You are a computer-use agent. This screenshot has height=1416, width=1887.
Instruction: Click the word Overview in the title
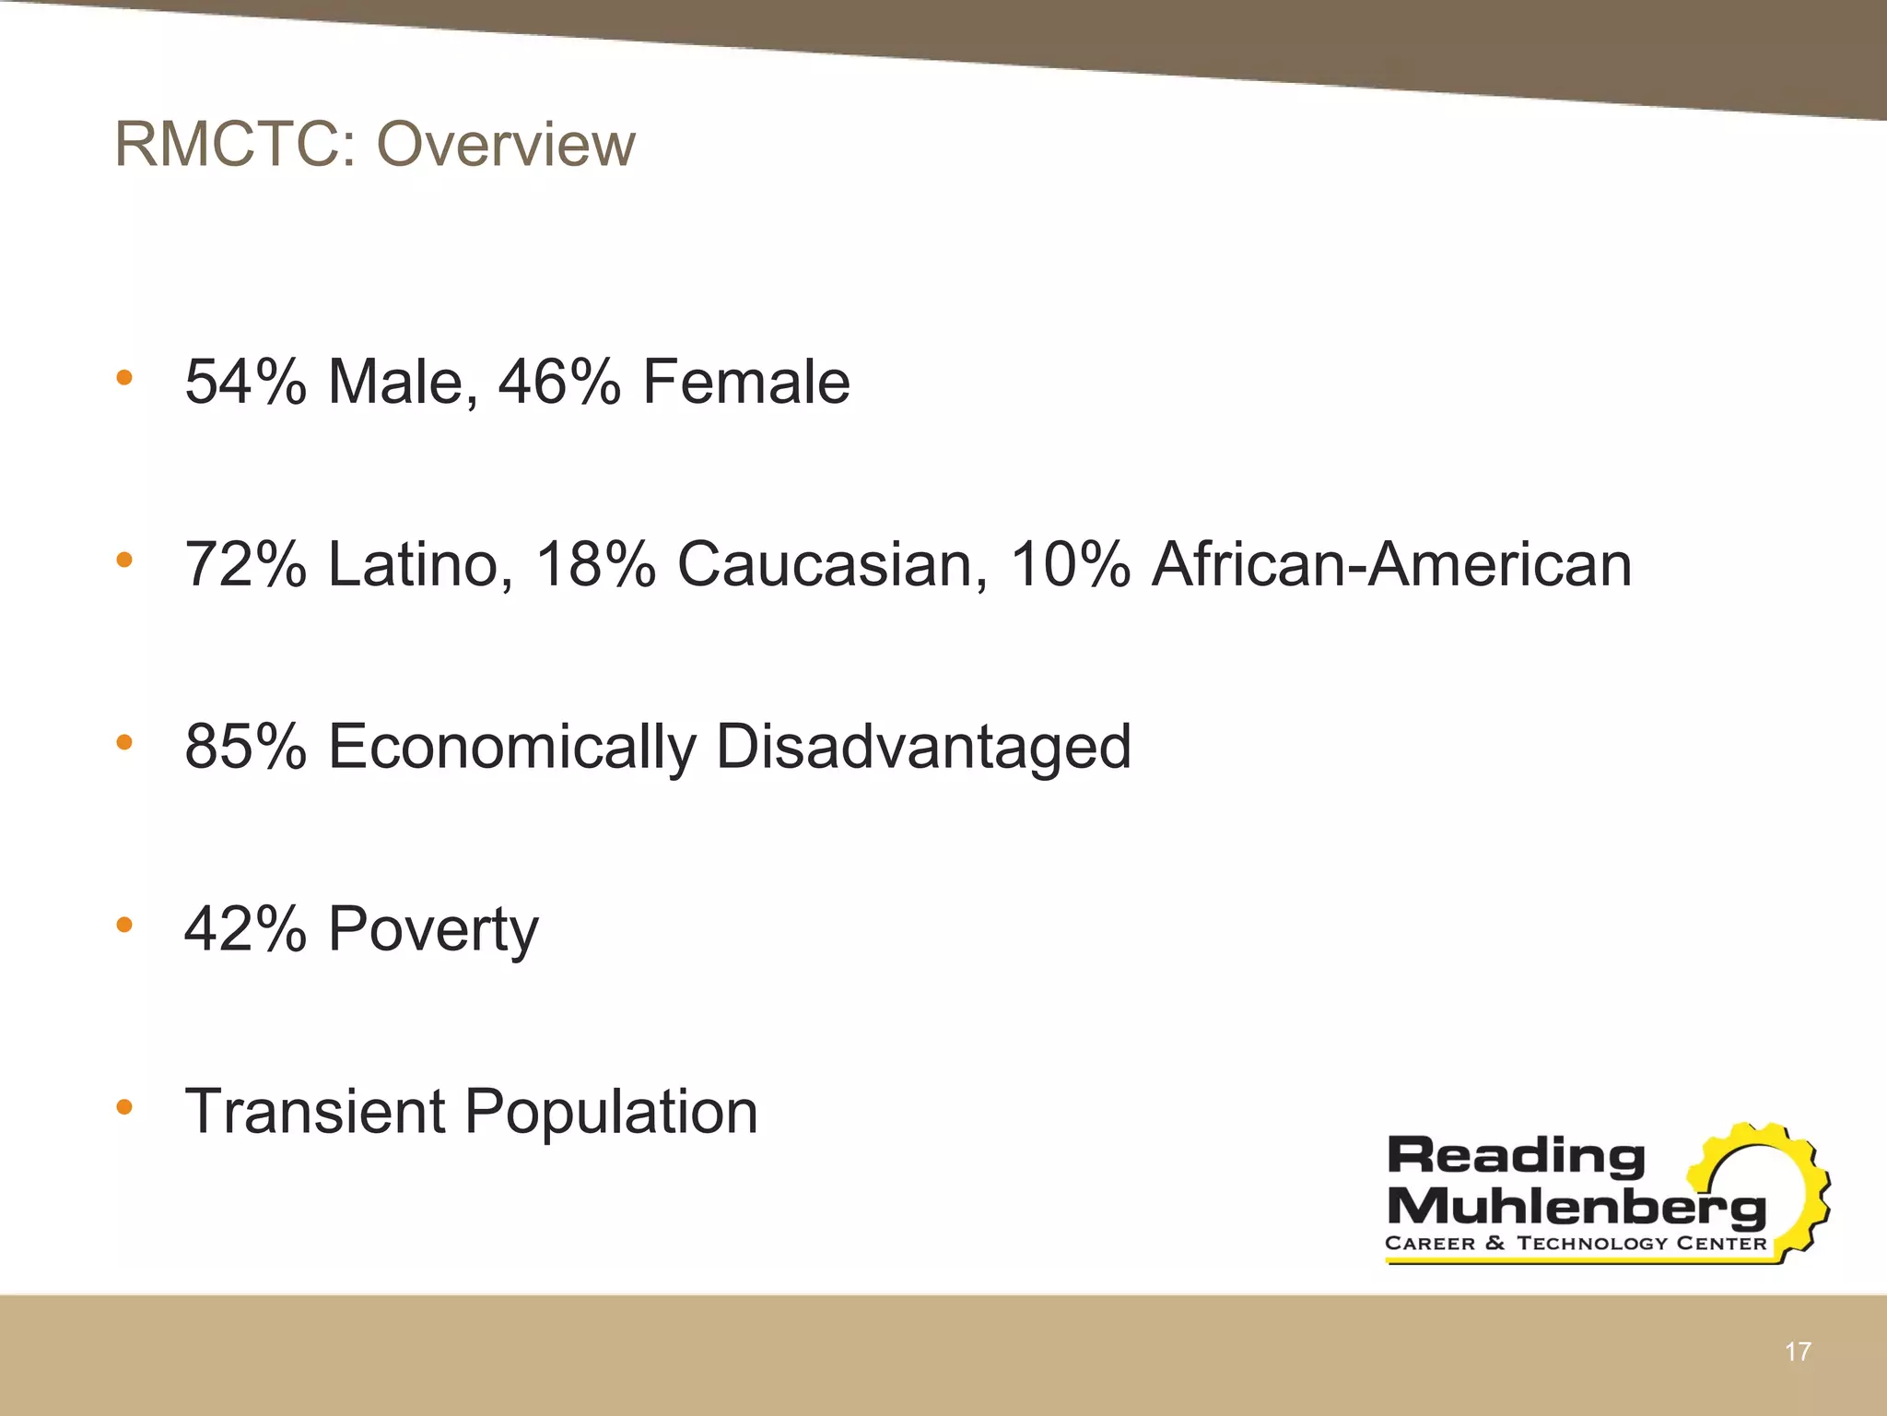(506, 145)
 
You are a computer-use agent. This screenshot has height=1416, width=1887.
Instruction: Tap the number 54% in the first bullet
(245, 382)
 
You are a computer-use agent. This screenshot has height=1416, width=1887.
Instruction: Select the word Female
(745, 382)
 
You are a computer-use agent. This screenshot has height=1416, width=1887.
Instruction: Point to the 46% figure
(559, 382)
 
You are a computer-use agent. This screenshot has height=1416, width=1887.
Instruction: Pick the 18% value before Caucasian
(595, 564)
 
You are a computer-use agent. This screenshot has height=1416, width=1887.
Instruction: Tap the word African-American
(1391, 564)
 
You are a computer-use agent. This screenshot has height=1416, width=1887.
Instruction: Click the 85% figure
(245, 746)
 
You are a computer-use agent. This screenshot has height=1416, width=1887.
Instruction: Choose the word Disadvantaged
(923, 746)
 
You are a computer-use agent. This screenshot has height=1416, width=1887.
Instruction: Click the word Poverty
(433, 929)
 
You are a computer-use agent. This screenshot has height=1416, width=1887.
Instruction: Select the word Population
(611, 1113)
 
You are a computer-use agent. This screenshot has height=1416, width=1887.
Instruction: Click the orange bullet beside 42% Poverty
(124, 924)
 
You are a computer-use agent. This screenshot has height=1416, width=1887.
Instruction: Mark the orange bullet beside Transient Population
(124, 1106)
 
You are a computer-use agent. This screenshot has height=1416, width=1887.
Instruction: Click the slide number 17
(1798, 1352)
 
